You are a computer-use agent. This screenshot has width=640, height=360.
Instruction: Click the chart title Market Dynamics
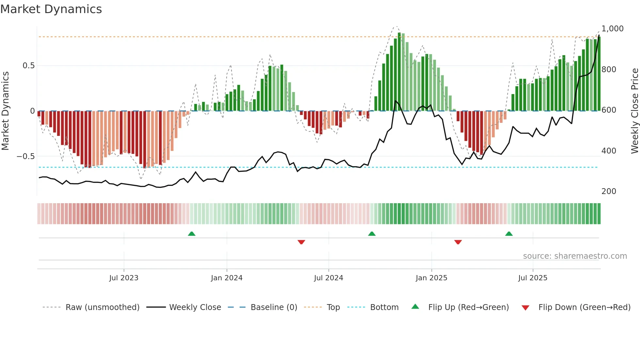click(x=51, y=9)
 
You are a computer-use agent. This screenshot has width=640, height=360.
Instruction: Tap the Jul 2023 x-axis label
click(x=124, y=278)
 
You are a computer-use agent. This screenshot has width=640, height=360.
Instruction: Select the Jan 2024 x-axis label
click(x=227, y=278)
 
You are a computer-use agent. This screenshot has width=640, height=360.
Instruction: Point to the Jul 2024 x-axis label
click(x=328, y=278)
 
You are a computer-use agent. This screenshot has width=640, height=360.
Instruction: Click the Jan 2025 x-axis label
click(x=431, y=278)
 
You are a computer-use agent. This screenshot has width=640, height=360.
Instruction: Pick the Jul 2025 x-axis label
click(x=533, y=278)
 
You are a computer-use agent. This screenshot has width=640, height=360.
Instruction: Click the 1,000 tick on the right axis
click(x=612, y=29)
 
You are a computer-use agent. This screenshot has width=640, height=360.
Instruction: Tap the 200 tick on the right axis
click(x=609, y=191)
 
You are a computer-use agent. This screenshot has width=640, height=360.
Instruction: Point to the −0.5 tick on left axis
click(x=25, y=156)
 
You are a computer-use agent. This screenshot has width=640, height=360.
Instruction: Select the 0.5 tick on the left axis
click(x=28, y=66)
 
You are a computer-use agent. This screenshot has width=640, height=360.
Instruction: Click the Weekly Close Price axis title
click(x=634, y=111)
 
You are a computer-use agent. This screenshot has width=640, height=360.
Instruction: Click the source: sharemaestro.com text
click(x=575, y=256)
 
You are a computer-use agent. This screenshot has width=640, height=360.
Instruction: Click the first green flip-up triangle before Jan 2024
click(x=192, y=234)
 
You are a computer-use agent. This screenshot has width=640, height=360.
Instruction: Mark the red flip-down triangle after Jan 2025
click(x=458, y=242)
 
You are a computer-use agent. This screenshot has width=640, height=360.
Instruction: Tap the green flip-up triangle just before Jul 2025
click(x=509, y=234)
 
